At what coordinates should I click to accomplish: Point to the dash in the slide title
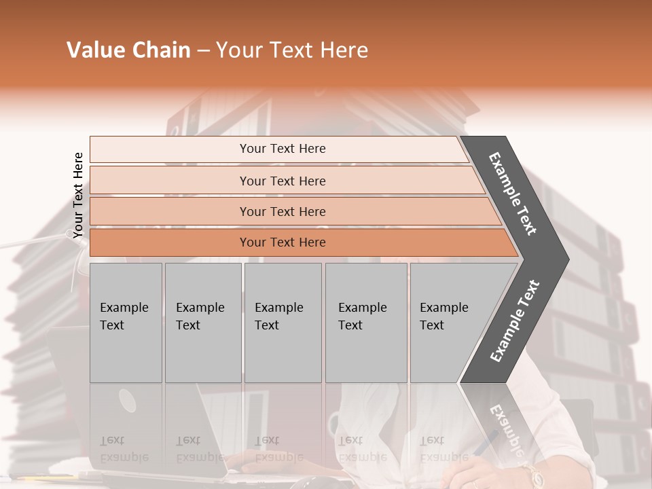point(203,51)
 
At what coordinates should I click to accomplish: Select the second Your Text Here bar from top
point(283,181)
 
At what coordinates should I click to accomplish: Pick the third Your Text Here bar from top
point(283,211)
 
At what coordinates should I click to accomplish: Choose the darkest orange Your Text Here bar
point(283,242)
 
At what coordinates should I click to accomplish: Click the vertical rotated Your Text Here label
point(78,196)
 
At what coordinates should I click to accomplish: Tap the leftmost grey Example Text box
point(126,323)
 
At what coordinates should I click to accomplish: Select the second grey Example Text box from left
point(202,323)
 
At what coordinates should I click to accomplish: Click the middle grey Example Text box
point(283,323)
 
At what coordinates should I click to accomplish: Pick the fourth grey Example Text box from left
point(365,323)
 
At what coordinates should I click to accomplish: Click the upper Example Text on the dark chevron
point(513,194)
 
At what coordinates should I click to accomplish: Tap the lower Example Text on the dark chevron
point(514,321)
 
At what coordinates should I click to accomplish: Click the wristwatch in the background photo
point(531,475)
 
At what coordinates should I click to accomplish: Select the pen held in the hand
point(485,445)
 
